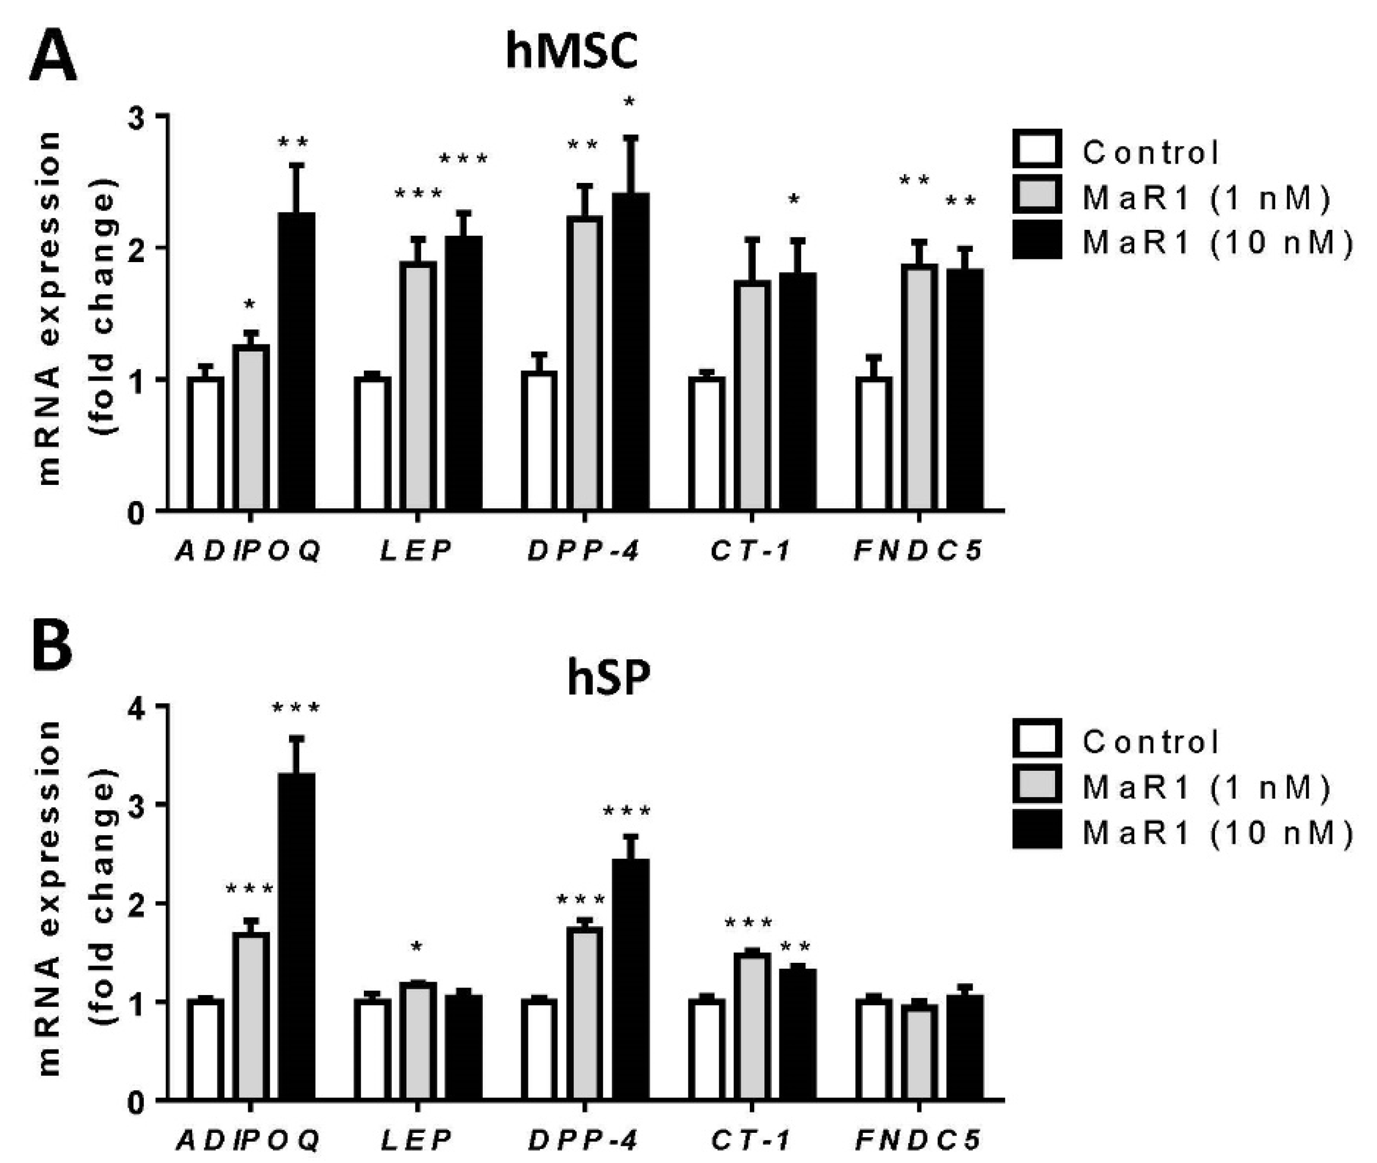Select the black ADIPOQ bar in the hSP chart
point(296,936)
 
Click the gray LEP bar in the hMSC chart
point(417,386)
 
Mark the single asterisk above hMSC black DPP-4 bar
point(630,102)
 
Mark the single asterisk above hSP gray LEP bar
point(417,947)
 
